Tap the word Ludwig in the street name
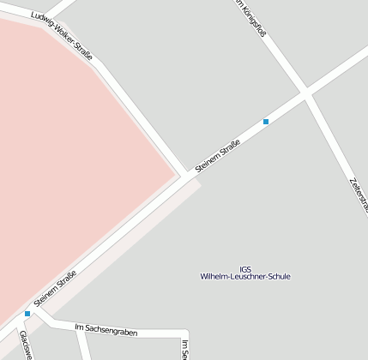tap(39, 21)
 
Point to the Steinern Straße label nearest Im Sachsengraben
tap(55, 289)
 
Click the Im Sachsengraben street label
tap(106, 329)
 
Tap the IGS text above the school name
tap(245, 267)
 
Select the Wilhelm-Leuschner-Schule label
tap(245, 277)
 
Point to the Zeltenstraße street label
tap(359, 193)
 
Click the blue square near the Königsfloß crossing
tap(266, 122)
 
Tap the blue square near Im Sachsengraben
tap(27, 314)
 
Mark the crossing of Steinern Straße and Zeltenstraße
tap(305, 92)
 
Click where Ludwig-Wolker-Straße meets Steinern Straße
tap(186, 174)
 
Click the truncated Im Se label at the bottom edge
tap(184, 349)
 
